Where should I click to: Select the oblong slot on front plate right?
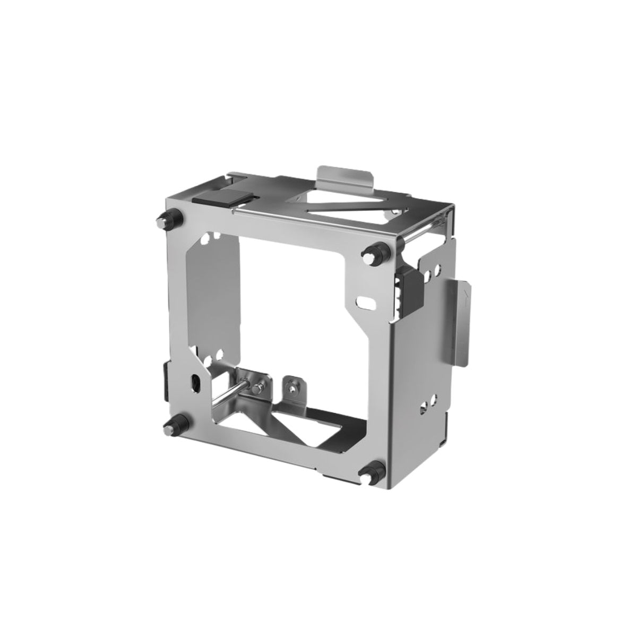click(x=365, y=301)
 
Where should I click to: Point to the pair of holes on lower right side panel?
click(x=429, y=403)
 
